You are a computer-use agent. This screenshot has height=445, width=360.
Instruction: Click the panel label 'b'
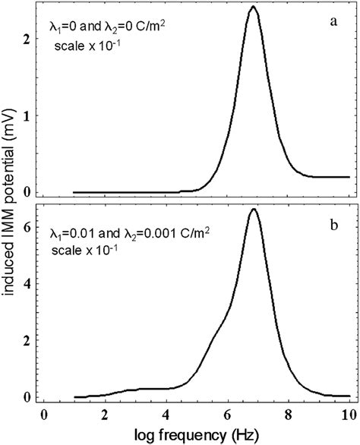[333, 228]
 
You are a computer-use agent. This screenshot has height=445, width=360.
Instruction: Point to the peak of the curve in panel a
[254, 7]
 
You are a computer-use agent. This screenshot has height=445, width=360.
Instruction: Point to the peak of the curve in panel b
[254, 209]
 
